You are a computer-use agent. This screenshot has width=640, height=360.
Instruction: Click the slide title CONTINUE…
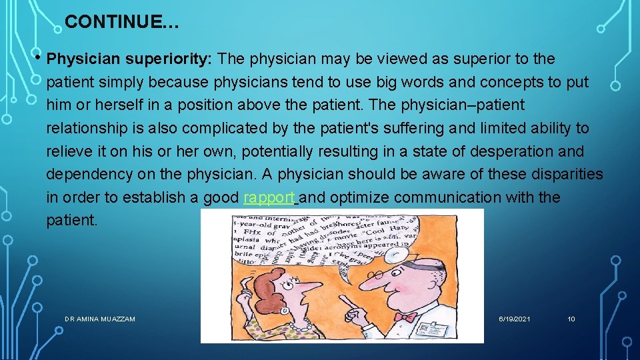[121, 22]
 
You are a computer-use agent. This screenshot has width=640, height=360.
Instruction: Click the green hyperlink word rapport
[269, 198]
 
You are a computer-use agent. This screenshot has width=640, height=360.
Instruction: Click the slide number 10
[571, 319]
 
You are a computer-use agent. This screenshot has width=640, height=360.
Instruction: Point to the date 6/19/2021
[515, 319]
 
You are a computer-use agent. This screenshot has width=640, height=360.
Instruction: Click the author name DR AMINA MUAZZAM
[100, 319]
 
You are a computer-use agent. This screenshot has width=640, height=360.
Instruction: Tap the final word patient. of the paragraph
[71, 221]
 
